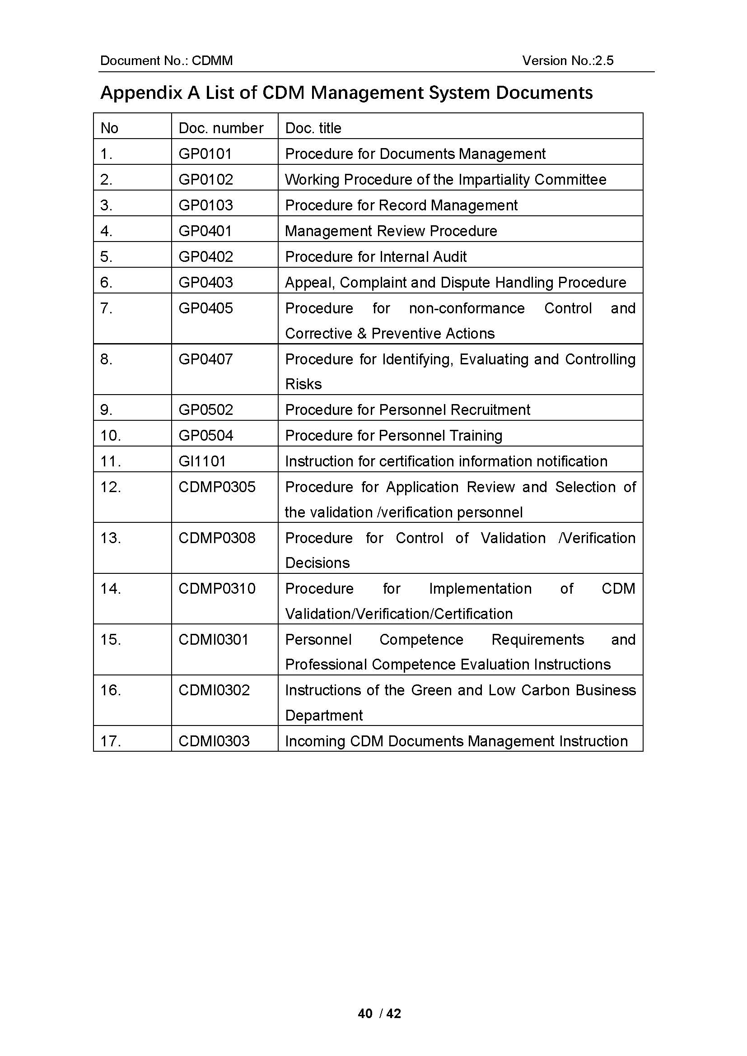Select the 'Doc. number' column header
[x=221, y=128]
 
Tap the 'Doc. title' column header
[x=313, y=128]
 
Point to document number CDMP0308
[x=217, y=538]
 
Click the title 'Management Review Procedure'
[x=391, y=231]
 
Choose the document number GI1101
[x=202, y=461]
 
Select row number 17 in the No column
[x=110, y=741]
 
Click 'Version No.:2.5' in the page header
[x=568, y=60]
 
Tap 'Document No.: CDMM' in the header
[x=167, y=60]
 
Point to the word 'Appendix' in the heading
[x=141, y=93]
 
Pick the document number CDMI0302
[x=214, y=690]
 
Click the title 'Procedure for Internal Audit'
[x=376, y=256]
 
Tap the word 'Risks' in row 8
[x=303, y=384]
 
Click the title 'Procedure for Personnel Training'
[x=393, y=435]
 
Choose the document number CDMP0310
[x=217, y=588]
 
